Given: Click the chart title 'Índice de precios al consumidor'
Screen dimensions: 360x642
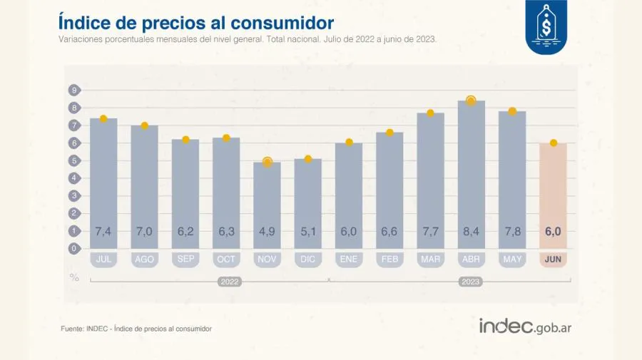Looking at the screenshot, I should coord(196,22).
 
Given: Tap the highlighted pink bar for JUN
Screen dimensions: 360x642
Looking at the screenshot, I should coord(553,192).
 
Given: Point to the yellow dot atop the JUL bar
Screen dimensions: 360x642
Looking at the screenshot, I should coord(103,118).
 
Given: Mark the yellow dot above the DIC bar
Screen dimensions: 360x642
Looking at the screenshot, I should coord(308,159).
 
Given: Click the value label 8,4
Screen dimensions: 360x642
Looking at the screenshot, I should coord(471,231).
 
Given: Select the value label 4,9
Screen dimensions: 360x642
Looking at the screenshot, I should coord(267,231).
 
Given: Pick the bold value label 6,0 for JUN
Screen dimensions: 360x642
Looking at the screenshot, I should coord(553,231).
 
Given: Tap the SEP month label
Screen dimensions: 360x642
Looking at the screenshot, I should coord(185,259).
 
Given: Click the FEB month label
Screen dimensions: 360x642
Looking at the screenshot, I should coord(389,259).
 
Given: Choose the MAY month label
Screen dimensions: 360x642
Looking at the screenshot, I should coord(512,259).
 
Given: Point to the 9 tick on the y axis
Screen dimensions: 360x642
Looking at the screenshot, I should coord(73,90).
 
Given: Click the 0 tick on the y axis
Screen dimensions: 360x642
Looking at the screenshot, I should coord(73,249).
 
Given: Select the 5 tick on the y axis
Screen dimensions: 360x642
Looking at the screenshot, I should coord(73,160).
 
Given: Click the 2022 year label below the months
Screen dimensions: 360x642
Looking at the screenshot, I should coord(230,282).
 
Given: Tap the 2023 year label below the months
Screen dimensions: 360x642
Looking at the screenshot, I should coord(471,282).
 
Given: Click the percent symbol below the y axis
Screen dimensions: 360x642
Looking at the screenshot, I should coord(74,277).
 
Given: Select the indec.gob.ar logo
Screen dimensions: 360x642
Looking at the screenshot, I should coord(526,326).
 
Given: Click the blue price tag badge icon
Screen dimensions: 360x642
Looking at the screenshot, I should coord(546,26).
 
